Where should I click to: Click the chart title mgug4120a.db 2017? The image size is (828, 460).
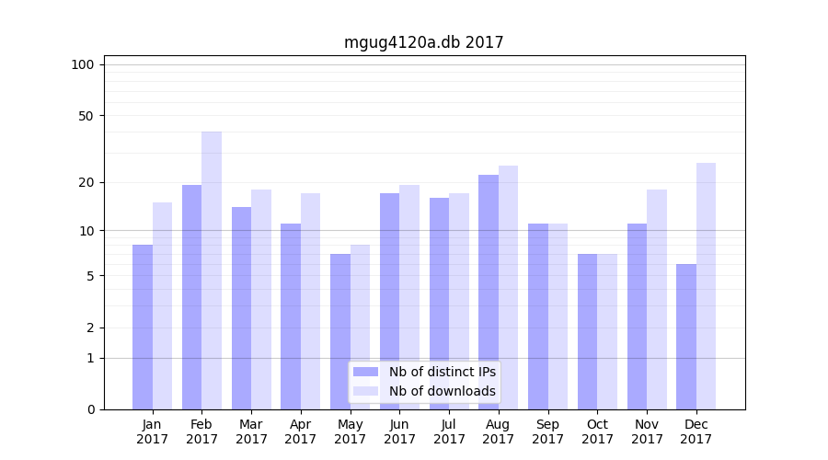pos(423,42)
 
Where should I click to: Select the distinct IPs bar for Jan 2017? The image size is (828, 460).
pos(143,327)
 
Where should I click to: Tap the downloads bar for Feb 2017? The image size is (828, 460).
pos(212,270)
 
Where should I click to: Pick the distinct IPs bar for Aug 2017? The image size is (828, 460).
pos(489,292)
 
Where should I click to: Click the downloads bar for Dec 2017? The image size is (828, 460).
pos(707,286)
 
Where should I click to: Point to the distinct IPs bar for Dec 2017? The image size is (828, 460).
pos(686,337)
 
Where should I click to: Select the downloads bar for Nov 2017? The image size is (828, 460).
pos(657,299)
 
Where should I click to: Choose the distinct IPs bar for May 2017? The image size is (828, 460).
pos(340,331)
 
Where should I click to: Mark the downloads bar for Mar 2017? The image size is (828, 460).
pos(261,299)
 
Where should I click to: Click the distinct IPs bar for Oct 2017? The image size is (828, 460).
pos(588,331)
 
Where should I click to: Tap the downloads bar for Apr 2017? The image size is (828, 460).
pos(311,301)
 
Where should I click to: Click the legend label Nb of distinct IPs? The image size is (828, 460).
pos(442,372)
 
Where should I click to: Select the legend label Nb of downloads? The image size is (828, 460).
pos(442,391)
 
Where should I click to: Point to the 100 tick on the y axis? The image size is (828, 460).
pos(83,64)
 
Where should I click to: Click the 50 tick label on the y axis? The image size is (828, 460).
pos(86,116)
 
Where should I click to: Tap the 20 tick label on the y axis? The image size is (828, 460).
pos(86,182)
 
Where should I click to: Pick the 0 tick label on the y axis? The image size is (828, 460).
pos(90,409)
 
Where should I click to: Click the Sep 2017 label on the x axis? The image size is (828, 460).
pos(547,431)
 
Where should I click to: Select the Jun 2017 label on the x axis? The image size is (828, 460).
pos(399,431)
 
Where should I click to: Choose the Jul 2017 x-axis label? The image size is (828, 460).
pos(449,431)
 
